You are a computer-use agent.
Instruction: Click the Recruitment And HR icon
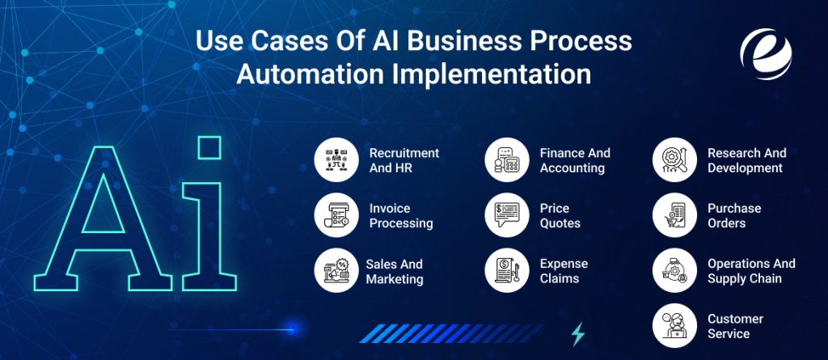coord(336,159)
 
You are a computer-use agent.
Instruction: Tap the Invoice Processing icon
coord(336,215)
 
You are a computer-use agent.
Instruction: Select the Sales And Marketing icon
coord(336,271)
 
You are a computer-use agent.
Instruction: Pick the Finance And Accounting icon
coord(507,159)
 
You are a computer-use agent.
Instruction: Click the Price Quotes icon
coord(507,215)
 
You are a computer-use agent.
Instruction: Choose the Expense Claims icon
coord(507,271)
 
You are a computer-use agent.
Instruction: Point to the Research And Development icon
coord(674,159)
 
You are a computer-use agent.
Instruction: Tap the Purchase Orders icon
coord(674,215)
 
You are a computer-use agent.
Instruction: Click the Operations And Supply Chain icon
coord(674,271)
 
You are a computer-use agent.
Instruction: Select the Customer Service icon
coord(674,325)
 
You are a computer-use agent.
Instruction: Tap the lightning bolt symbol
coord(578,334)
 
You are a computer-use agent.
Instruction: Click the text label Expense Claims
coord(564,271)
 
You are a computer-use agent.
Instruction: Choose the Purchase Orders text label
coord(733,215)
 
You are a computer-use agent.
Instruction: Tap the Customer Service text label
coord(734,325)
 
